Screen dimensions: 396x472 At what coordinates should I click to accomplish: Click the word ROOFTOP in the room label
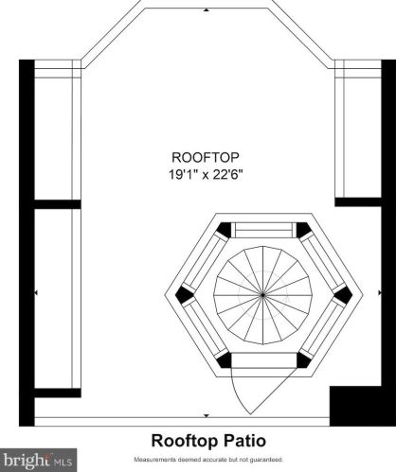point(206,157)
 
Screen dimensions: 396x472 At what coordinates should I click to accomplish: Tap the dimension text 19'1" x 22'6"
point(206,174)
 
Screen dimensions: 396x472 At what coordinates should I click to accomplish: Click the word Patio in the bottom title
point(243,441)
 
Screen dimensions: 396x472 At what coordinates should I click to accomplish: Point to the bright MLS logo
point(38,460)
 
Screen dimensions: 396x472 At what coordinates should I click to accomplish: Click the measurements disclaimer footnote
point(208,460)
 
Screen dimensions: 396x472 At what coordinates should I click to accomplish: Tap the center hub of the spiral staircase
point(262,295)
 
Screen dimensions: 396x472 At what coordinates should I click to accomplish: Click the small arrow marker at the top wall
point(207,10)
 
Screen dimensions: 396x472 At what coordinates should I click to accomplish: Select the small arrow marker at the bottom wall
point(207,416)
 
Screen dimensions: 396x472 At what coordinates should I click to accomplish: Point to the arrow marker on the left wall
point(36,293)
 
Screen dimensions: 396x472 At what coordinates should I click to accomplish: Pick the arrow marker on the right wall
point(380,293)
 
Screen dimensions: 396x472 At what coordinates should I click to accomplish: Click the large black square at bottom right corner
point(355,406)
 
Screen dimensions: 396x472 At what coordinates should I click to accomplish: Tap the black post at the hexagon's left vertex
point(184,295)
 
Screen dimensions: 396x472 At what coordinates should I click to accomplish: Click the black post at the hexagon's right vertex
point(343,295)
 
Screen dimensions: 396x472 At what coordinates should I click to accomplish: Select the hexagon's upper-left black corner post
point(225,230)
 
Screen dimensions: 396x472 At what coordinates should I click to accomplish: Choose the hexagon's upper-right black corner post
point(303,230)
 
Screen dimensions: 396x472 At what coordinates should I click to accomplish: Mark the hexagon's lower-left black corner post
point(224,360)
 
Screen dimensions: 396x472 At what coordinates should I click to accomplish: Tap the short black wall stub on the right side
point(358,201)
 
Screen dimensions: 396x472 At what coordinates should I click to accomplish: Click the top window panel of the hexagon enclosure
point(264,230)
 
